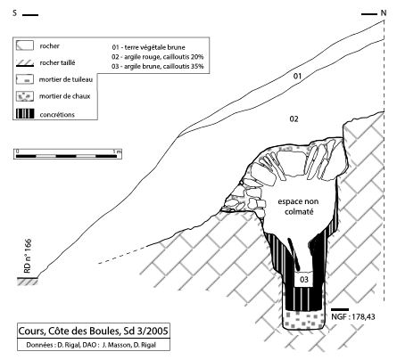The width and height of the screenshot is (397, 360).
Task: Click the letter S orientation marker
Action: pyautogui.click(x=15, y=13)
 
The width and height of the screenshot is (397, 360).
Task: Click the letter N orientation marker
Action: pyautogui.click(x=384, y=13)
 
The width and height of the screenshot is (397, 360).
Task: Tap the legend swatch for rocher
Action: pyautogui.click(x=25, y=45)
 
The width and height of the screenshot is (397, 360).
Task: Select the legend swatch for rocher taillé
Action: pyautogui.click(x=25, y=63)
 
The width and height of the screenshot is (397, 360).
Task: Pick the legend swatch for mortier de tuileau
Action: pyautogui.click(x=25, y=79)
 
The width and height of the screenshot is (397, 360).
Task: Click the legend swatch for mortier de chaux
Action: pyautogui.click(x=25, y=96)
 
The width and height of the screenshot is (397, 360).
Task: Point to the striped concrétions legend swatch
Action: pyautogui.click(x=25, y=114)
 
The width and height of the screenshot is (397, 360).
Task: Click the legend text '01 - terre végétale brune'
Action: pyautogui.click(x=148, y=47)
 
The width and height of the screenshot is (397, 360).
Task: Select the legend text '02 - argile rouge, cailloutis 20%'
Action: pyautogui.click(x=158, y=57)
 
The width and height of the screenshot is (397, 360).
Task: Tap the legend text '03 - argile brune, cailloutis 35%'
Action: pyautogui.click(x=158, y=66)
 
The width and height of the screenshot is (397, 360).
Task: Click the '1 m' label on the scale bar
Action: pyautogui.click(x=118, y=151)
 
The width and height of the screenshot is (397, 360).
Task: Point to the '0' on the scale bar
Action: pyautogui.click(x=17, y=151)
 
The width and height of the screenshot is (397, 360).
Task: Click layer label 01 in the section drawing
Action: pyautogui.click(x=297, y=77)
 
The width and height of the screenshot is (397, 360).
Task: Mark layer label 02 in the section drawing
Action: pyautogui.click(x=294, y=119)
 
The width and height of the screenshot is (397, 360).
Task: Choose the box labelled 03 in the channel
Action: pyautogui.click(x=304, y=279)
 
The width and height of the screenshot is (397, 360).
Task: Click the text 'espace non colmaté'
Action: pyautogui.click(x=298, y=207)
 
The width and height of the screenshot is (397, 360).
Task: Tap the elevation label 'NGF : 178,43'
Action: pyautogui.click(x=353, y=317)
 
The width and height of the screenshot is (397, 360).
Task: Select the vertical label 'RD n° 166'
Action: pyautogui.click(x=28, y=256)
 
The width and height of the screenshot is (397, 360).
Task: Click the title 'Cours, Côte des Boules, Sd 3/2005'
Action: pyautogui.click(x=93, y=331)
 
